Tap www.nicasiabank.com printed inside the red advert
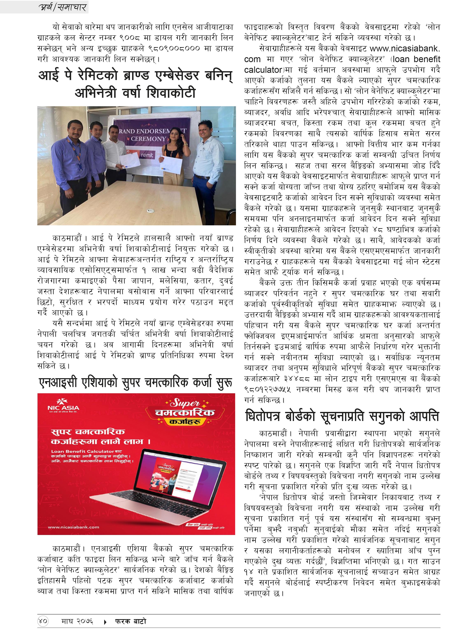coord(73,527)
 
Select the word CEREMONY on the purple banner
coord(148,139)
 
